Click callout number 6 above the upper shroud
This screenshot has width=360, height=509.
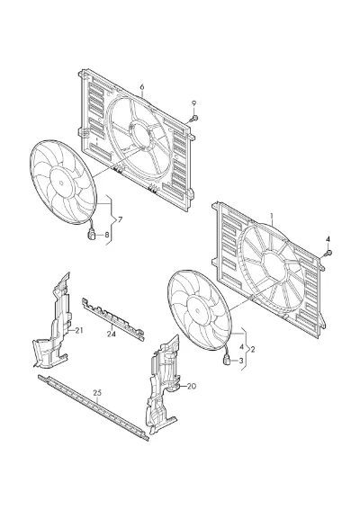(142, 86)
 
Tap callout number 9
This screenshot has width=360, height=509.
(194, 103)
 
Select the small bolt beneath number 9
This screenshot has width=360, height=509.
(194, 118)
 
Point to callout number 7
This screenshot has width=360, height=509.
(121, 219)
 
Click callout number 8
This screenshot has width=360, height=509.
(107, 235)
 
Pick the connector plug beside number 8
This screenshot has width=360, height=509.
(92, 234)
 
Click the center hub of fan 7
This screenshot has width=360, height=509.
(61, 183)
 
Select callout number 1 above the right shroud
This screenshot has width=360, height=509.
(272, 216)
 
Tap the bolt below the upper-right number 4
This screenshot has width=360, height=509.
(328, 254)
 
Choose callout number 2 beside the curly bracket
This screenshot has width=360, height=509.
(253, 349)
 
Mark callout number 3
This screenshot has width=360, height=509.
(241, 361)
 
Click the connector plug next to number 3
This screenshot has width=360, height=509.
(227, 360)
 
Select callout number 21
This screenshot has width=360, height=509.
(79, 330)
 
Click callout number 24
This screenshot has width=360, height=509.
(111, 334)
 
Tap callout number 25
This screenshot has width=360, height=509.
(97, 393)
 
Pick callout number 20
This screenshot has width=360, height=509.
(192, 387)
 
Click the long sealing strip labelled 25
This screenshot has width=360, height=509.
(94, 407)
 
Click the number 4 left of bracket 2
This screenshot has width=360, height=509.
(240, 347)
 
